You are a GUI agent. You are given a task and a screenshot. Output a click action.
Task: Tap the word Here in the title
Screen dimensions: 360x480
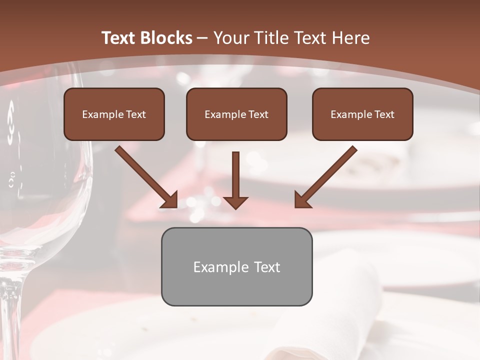[350, 38]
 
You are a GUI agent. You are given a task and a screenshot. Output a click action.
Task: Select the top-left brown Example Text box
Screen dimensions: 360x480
[114, 114]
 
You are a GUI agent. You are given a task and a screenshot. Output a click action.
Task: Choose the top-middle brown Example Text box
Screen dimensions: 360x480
[236, 114]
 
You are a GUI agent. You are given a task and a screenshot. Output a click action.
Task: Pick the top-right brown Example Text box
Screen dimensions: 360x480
[362, 114]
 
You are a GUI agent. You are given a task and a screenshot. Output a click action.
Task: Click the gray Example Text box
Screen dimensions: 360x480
[236, 266]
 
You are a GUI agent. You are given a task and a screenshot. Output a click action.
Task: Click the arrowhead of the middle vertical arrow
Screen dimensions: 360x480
[235, 201]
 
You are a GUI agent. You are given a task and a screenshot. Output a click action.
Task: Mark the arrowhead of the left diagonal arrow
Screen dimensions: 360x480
[170, 200]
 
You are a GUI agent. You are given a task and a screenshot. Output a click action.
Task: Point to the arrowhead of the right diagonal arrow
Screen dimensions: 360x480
[302, 200]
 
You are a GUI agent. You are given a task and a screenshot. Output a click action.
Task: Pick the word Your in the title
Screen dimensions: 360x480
[230, 38]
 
